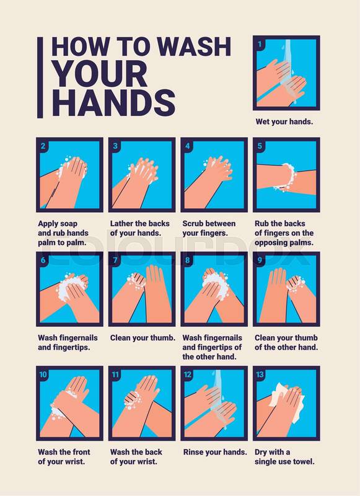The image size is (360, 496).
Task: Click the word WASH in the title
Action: (x=195, y=47)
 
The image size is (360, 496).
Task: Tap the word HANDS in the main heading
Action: (x=113, y=102)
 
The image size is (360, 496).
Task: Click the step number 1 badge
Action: (x=260, y=44)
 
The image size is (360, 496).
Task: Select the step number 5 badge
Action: (x=260, y=146)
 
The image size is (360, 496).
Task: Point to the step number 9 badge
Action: (x=260, y=260)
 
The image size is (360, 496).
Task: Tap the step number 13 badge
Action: (x=260, y=374)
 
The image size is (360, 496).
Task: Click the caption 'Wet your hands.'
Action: (x=284, y=122)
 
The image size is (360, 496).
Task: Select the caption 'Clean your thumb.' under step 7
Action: (x=143, y=338)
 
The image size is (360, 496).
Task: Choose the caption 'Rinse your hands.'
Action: (x=215, y=452)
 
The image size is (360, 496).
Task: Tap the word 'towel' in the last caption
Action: (x=303, y=461)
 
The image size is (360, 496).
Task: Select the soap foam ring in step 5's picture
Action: (x=289, y=177)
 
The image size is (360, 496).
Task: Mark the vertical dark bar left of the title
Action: (x=40, y=77)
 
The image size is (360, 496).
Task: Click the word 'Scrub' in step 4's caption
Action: (x=192, y=224)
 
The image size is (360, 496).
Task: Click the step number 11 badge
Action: (x=115, y=374)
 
